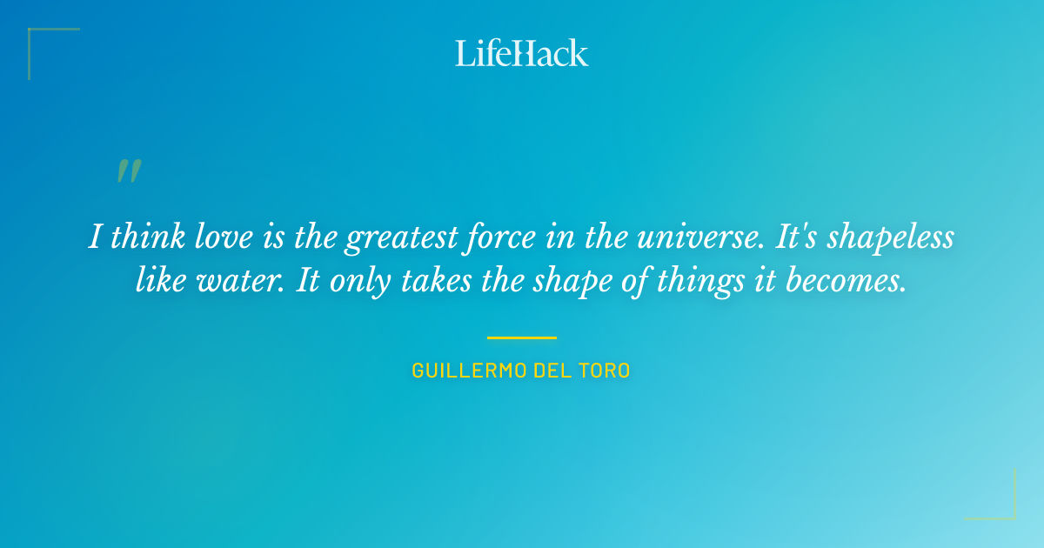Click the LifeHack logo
(522, 53)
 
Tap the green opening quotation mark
(128, 171)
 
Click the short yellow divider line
(521, 337)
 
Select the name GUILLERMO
(471, 371)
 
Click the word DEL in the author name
(555, 371)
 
